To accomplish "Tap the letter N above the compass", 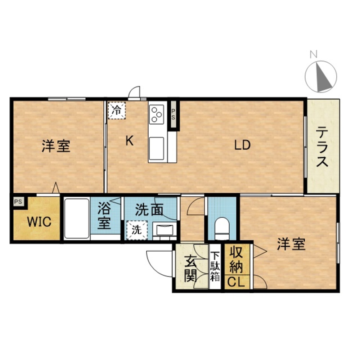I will coord(314,55).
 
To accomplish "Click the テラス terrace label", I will coord(322,148).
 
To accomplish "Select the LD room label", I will coord(242,145).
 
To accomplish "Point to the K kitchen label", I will coord(129,141).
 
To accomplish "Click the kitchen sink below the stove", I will coord(157,148).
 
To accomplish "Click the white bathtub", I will coord(77,218).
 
